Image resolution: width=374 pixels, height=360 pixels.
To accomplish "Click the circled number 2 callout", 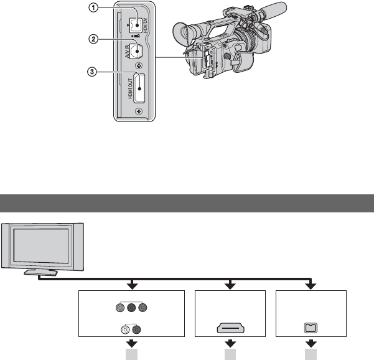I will [x=93, y=39].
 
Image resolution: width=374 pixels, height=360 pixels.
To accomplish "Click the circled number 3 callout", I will [x=93, y=72].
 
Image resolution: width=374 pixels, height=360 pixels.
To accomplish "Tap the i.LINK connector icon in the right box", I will [x=309, y=327].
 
